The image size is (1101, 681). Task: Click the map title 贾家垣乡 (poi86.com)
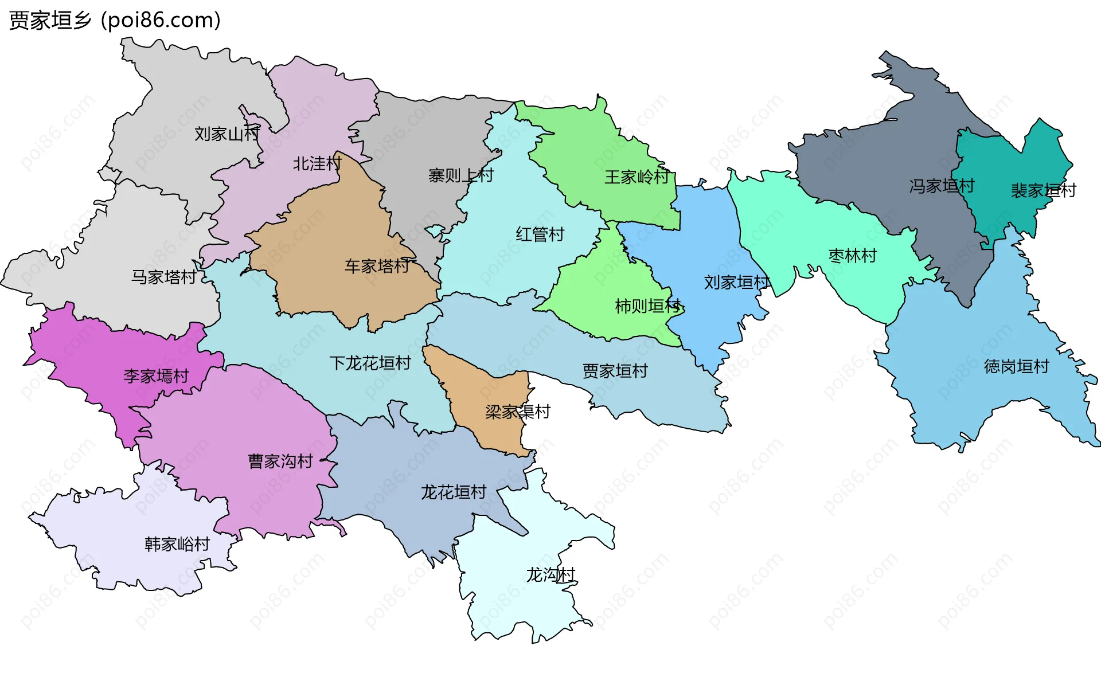point(115,21)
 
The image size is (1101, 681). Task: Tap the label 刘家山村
point(227,134)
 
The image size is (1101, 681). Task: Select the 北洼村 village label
point(317,164)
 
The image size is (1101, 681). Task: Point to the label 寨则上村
point(461,175)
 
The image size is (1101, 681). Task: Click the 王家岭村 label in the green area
point(637,177)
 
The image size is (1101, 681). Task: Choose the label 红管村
point(540,234)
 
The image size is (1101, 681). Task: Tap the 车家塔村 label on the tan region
point(377,266)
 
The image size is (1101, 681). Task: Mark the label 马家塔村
point(164,277)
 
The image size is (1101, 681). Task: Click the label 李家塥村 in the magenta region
point(156,377)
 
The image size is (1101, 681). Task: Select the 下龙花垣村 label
point(370,363)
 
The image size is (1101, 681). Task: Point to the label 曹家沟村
point(280,461)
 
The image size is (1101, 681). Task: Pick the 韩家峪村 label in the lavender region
point(177,544)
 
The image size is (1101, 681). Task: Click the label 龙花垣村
point(454,492)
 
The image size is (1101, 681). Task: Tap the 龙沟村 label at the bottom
point(550,575)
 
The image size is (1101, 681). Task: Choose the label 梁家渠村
point(518,412)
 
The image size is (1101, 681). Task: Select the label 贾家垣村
point(615,371)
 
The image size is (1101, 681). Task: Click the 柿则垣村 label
point(648,306)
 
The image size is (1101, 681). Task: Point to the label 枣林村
point(853,256)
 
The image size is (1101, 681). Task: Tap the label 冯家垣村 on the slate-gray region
point(942,186)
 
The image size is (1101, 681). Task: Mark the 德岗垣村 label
point(1017,366)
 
